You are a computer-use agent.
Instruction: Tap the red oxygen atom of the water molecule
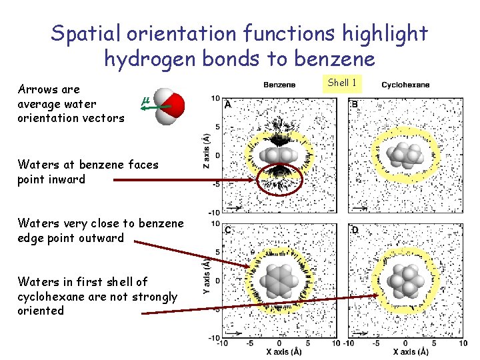point(175,104)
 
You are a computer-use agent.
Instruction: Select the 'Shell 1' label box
point(343,83)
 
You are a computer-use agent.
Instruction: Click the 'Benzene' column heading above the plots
point(280,85)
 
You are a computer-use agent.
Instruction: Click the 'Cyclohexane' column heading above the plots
point(405,85)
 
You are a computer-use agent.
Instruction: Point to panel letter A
point(229,105)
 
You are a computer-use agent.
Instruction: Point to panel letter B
point(355,105)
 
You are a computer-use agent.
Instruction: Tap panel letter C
point(229,230)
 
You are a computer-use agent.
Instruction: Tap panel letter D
point(355,230)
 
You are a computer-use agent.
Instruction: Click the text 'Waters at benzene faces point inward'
point(88,171)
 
